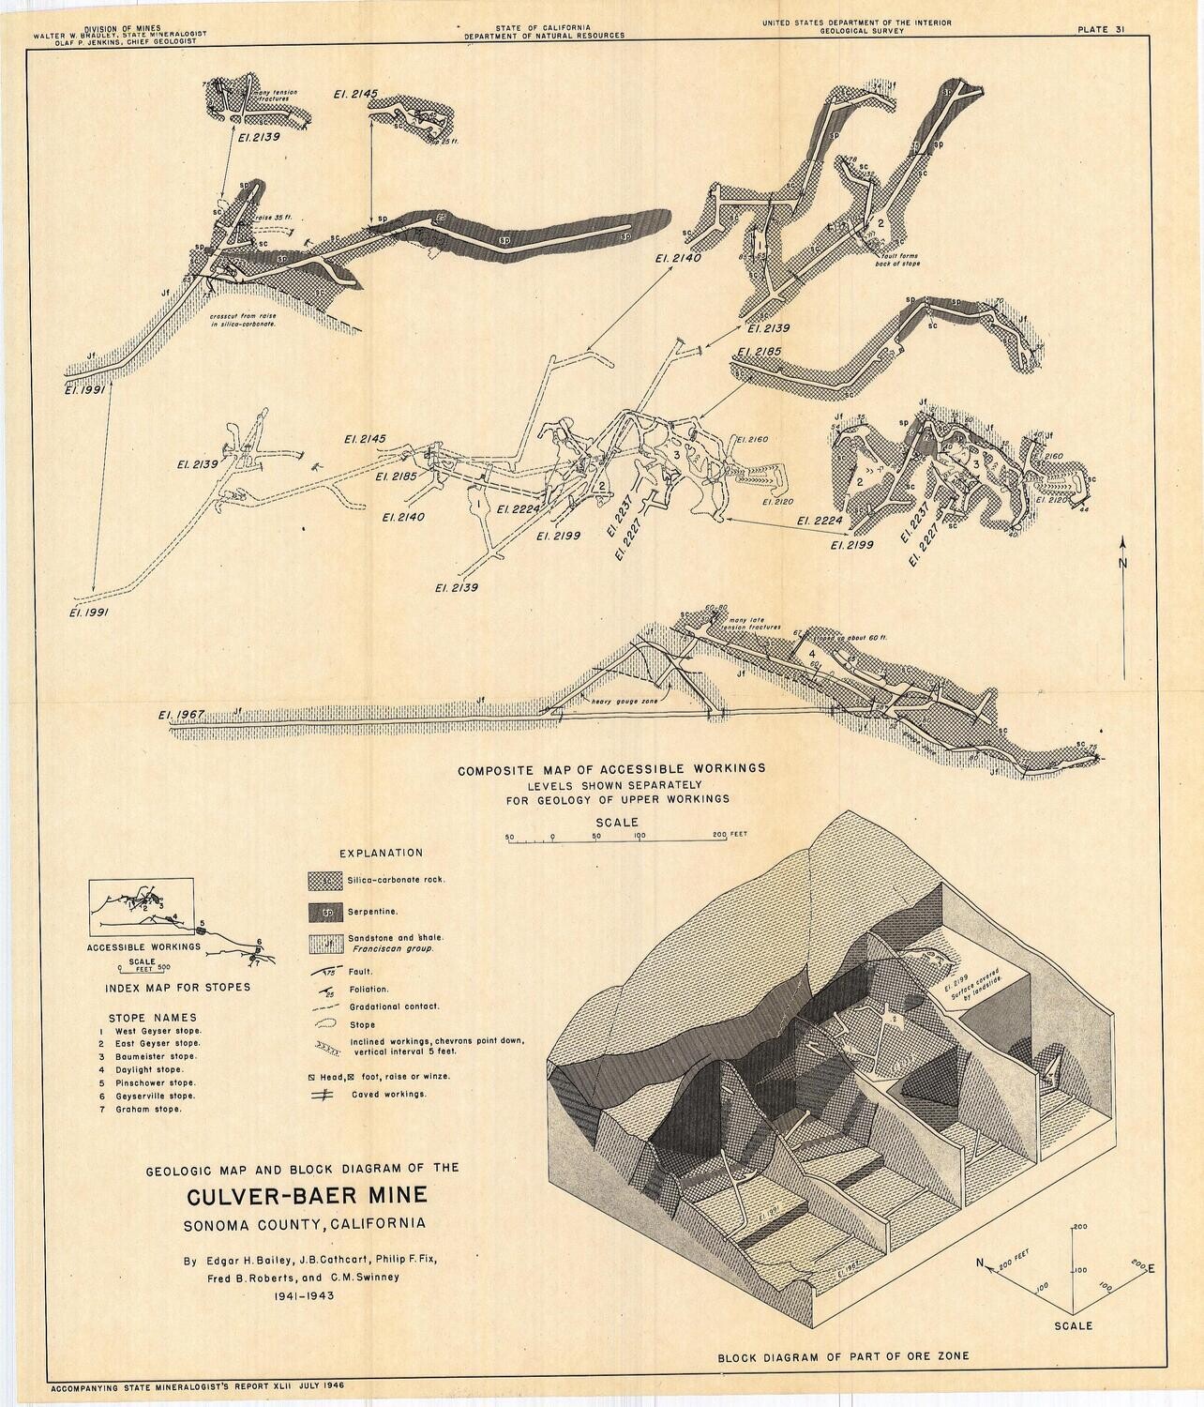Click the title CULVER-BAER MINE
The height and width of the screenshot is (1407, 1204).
coord(307,1196)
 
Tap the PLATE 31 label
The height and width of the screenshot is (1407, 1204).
coord(1102,29)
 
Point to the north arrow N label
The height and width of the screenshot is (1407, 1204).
coord(1121,563)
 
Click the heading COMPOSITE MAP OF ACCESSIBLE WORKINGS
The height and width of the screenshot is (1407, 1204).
coord(611,768)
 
